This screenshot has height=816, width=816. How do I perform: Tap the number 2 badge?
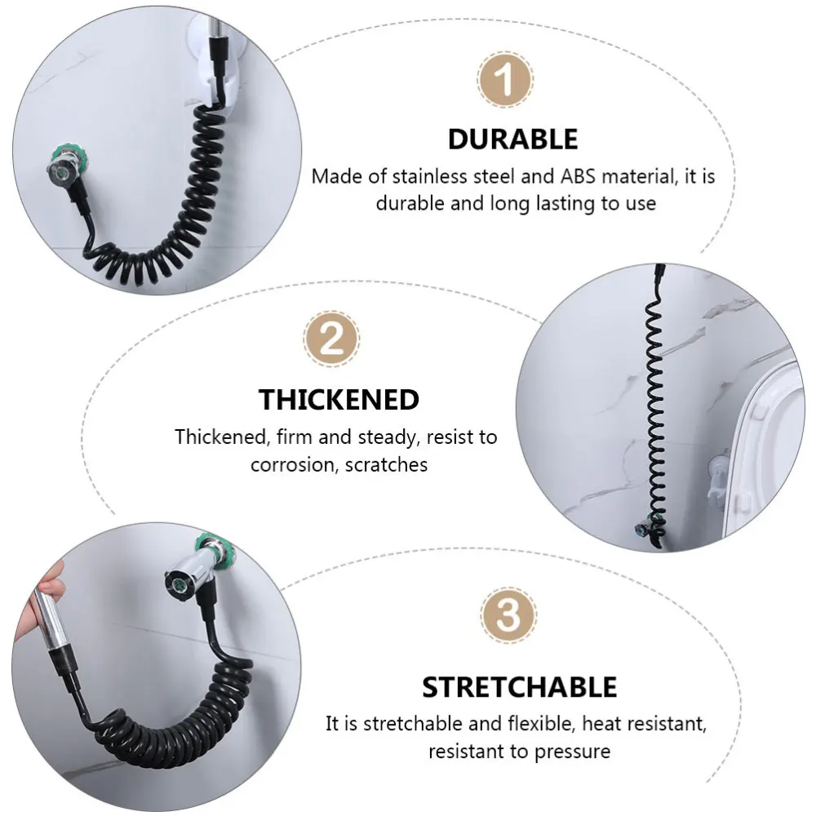click(x=331, y=339)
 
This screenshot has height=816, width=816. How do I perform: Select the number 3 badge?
click(x=508, y=616)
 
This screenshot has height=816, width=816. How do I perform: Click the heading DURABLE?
click(x=512, y=139)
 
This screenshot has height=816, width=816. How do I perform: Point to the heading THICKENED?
click(x=339, y=400)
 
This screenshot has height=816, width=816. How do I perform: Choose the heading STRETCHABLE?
click(x=519, y=687)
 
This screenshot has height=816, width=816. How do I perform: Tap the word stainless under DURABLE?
click(x=422, y=176)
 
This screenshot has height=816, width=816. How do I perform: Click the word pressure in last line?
click(x=572, y=751)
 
